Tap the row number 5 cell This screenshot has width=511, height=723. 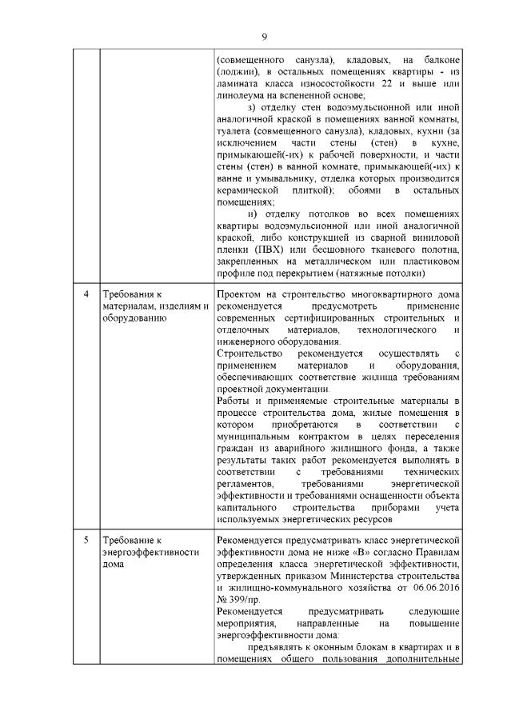coord(86,541)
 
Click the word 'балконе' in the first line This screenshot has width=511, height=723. coord(439,59)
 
